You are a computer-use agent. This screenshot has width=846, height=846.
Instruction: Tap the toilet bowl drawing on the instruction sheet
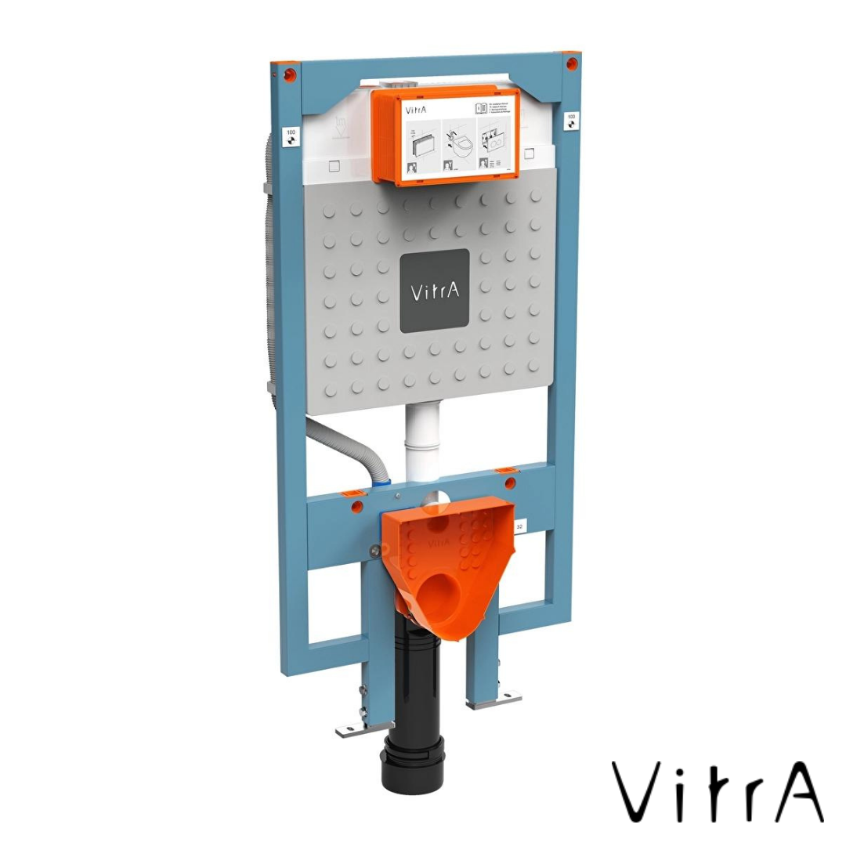tap(464, 144)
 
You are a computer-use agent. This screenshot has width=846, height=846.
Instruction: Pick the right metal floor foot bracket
tap(493, 699)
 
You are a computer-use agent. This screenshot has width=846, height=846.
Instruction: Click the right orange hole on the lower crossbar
tap(510, 483)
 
